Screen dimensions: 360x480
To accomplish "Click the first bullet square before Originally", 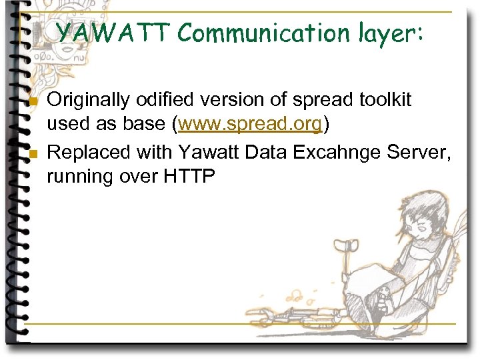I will pyautogui.click(x=33, y=103).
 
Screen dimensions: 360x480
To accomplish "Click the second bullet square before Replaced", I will pyautogui.click(x=33, y=155).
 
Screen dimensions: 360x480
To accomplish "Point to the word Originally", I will pyautogui.click(x=91, y=101).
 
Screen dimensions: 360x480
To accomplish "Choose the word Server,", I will pyautogui.click(x=423, y=152).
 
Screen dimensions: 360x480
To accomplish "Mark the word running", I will pyautogui.click(x=83, y=177).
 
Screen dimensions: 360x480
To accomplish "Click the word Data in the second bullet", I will pyautogui.click(x=263, y=152).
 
